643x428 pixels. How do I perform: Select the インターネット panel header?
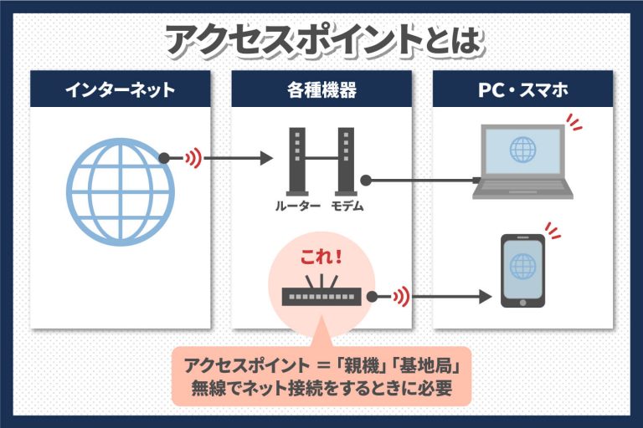(121, 89)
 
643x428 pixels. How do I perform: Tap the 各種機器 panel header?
(321, 89)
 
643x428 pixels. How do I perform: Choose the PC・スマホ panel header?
(522, 89)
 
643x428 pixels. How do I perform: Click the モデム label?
(346, 206)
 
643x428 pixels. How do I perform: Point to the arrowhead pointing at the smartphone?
(483, 296)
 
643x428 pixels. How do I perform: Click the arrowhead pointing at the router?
(267, 157)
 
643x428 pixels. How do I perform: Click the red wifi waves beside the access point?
(403, 296)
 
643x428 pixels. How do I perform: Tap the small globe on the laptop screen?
(522, 150)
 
